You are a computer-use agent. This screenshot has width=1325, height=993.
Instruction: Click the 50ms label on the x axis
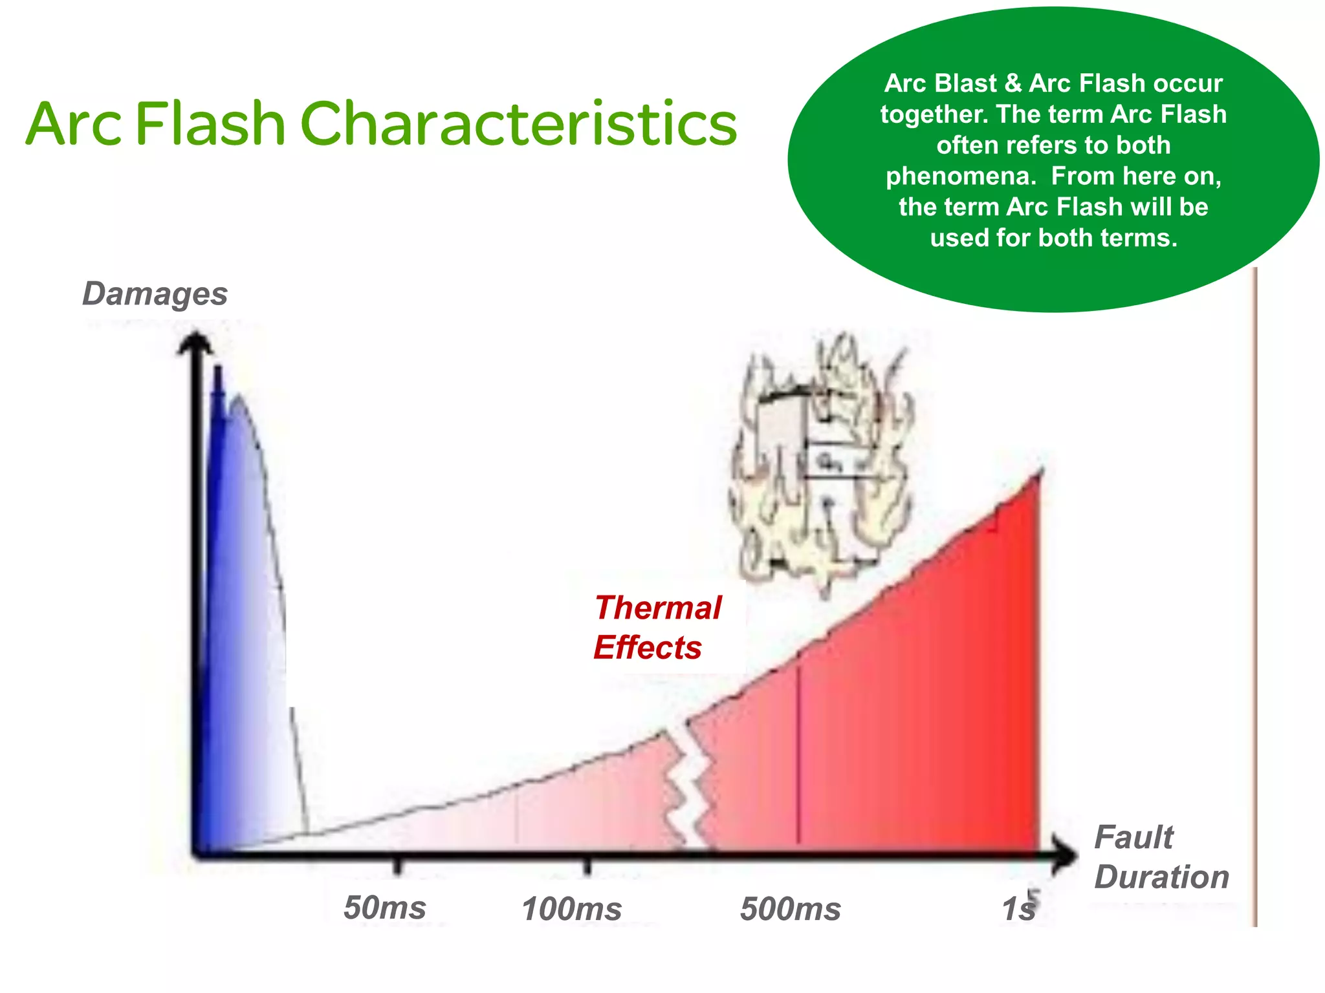[x=384, y=908]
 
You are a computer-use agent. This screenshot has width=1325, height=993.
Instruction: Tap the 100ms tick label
[x=571, y=909]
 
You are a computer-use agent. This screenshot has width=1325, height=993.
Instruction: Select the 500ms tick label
[x=790, y=909]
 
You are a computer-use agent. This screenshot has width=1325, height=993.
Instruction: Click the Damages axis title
[x=155, y=294]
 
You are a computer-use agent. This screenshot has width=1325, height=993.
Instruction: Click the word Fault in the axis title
[x=1133, y=838]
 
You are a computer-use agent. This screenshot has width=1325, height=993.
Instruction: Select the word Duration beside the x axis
[x=1161, y=877]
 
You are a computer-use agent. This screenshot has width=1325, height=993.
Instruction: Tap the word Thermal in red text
[x=657, y=608]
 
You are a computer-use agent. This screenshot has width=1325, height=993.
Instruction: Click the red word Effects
[x=647, y=648]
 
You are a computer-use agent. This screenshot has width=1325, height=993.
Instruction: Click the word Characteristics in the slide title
[x=518, y=123]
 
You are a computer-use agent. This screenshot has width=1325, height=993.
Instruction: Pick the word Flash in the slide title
[x=210, y=123]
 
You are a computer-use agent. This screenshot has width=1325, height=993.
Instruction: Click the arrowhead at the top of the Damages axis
[x=195, y=343]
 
